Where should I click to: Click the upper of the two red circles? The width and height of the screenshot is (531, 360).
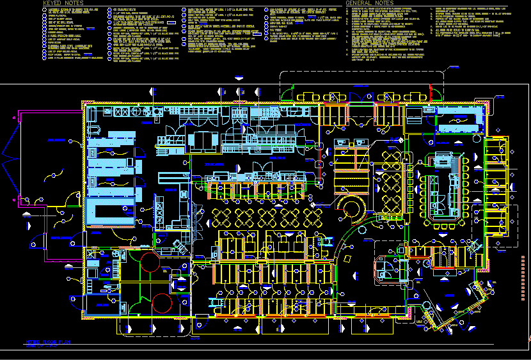tap(148, 263)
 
